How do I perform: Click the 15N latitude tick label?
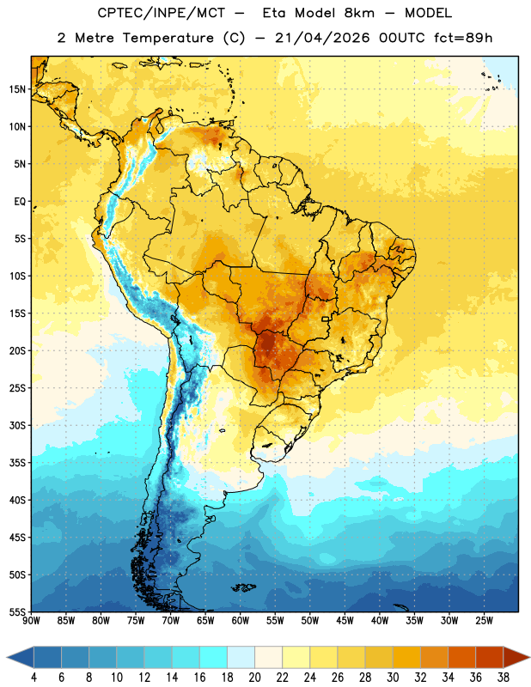(x=17, y=89)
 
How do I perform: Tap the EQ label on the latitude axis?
(x=20, y=202)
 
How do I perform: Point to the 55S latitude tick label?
(x=17, y=611)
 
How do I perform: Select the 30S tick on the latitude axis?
(x=17, y=425)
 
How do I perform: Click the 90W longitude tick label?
(x=31, y=621)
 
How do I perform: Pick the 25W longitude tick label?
(x=484, y=621)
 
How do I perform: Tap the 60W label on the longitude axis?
(x=241, y=621)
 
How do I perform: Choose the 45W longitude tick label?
(x=345, y=621)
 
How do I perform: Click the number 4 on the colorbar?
(x=34, y=678)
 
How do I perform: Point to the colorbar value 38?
(x=504, y=678)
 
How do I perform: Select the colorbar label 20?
(x=254, y=678)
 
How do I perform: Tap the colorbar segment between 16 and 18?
(x=214, y=658)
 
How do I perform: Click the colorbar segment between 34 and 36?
(x=461, y=658)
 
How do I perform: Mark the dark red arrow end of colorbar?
(x=516, y=658)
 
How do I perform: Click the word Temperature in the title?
(x=168, y=38)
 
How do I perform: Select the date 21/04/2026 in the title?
(x=323, y=38)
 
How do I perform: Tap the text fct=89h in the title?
(x=463, y=38)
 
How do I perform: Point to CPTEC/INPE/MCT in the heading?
(x=162, y=13)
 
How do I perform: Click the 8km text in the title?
(x=359, y=13)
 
